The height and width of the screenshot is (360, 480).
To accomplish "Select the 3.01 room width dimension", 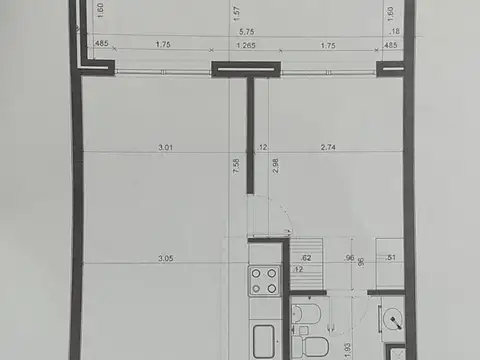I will pos(166,148).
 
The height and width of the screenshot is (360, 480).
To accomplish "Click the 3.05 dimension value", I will pos(166,258).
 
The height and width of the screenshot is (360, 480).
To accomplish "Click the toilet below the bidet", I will pos(310,347).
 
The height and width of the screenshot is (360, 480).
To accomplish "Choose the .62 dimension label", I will pos(305,258).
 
